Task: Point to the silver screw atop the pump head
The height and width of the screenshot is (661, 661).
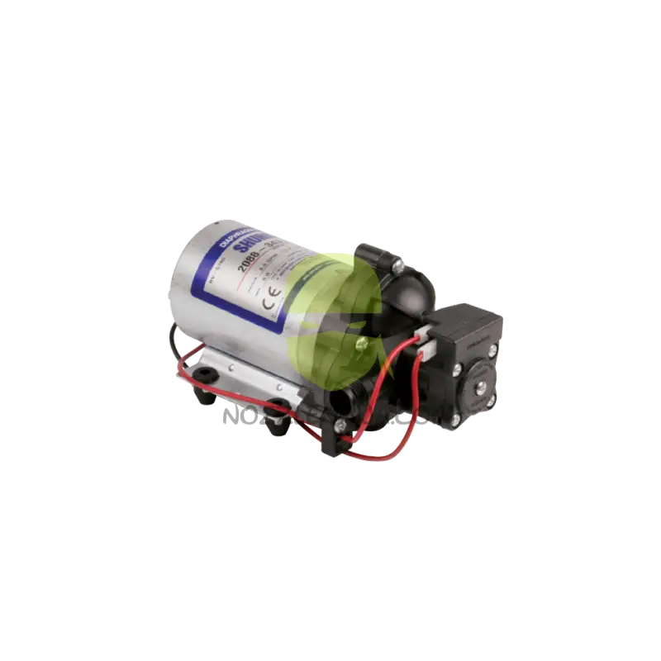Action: [397, 266]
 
